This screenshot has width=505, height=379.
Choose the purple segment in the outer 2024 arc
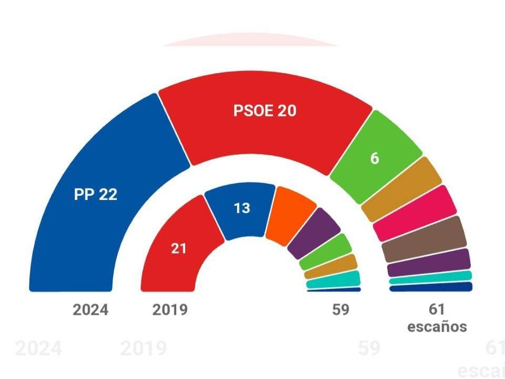(428, 262)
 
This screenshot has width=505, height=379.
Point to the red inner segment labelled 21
(179, 247)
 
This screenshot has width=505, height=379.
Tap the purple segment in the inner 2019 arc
(315, 232)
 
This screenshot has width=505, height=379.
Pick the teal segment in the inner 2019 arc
(334, 280)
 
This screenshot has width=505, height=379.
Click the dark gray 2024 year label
(90, 310)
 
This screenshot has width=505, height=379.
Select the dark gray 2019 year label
(170, 310)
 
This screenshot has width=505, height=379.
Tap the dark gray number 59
(340, 310)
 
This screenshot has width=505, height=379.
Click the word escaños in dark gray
(437, 326)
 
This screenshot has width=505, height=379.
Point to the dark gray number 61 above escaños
(436, 310)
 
